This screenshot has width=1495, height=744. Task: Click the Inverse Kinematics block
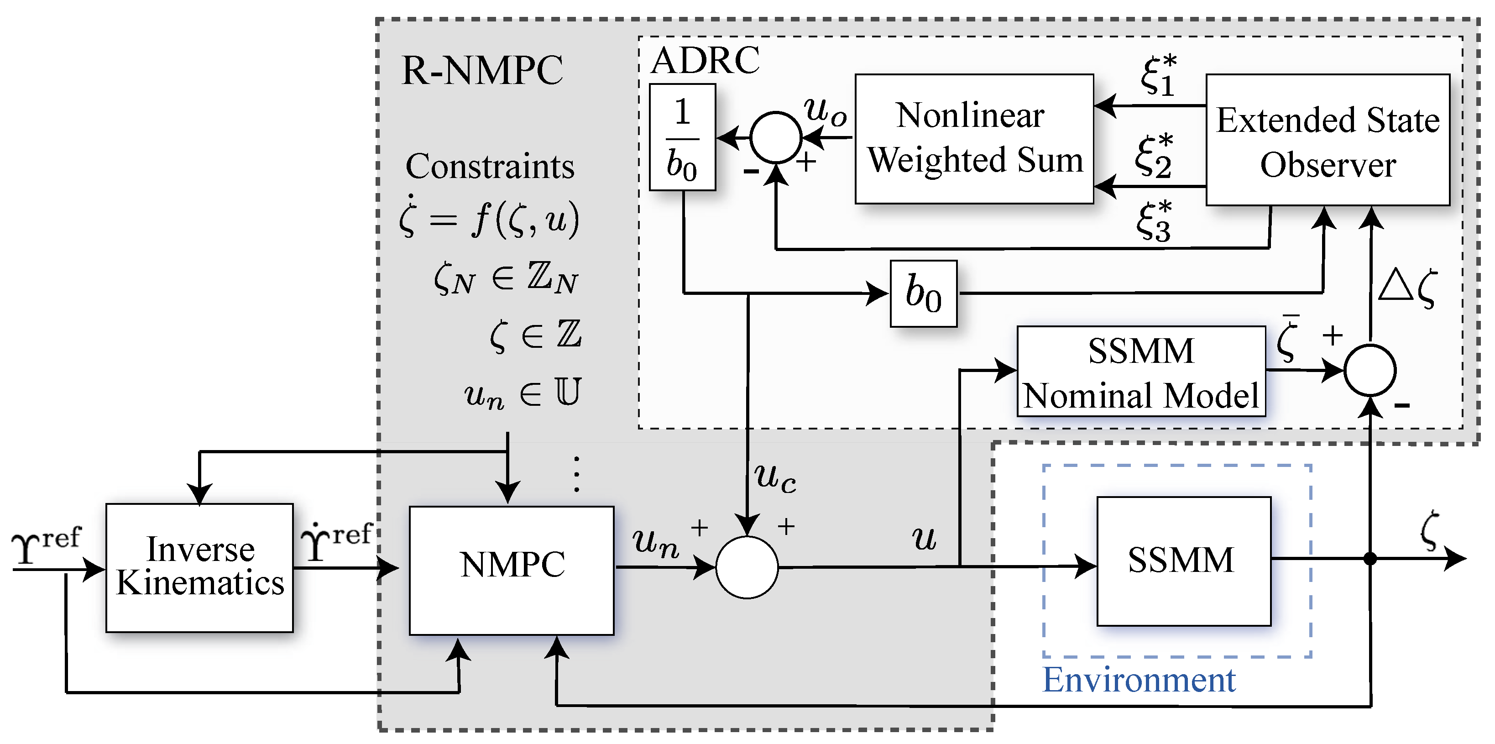[199, 567]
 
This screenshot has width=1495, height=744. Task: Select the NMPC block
[511, 570]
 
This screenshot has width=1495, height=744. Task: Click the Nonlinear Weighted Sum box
[974, 138]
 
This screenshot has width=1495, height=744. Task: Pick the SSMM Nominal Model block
[1140, 372]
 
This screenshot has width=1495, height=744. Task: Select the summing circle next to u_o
[775, 137]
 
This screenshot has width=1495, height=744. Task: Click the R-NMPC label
[482, 71]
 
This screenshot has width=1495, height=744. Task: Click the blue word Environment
[1139, 680]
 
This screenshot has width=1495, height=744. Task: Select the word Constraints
[490, 167]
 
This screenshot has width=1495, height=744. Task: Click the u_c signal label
[775, 477]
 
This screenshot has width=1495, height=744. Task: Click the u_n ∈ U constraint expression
[523, 393]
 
